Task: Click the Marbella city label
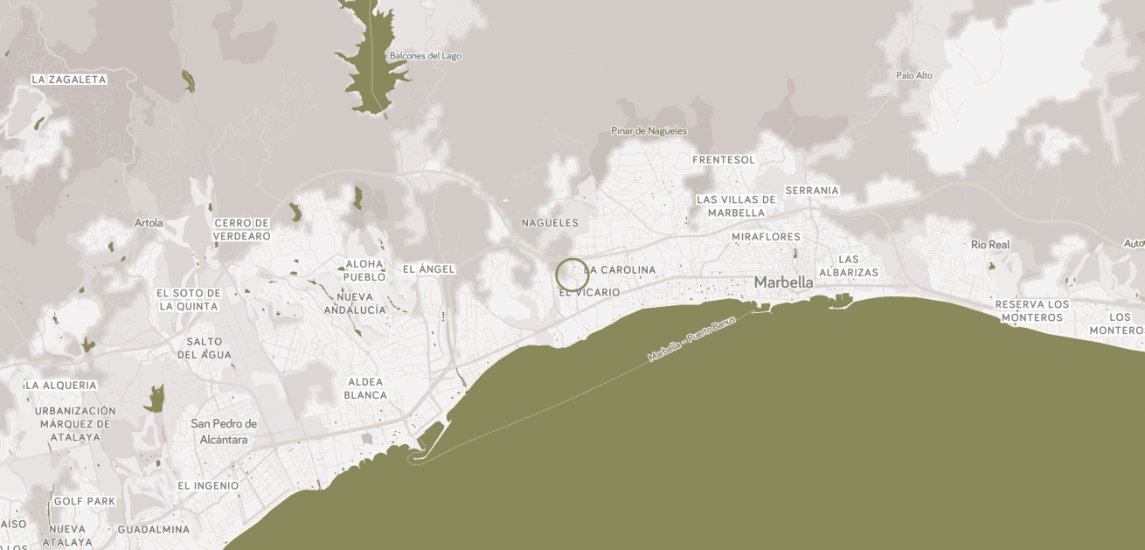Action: [x=783, y=282]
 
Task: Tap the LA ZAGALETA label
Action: [x=69, y=80]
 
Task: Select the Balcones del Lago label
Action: [x=425, y=56]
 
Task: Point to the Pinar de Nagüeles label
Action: [x=649, y=131]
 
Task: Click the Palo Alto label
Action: [x=914, y=75]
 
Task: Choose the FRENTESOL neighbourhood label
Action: [x=724, y=160]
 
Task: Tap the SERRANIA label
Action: [x=812, y=191]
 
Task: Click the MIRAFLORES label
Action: [x=766, y=237]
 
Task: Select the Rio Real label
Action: [x=990, y=245]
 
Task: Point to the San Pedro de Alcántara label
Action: [x=224, y=432]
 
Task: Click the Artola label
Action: [x=149, y=223]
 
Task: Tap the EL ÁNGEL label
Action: [x=428, y=269]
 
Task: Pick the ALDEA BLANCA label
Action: [x=365, y=388]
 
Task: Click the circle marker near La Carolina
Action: [x=572, y=275]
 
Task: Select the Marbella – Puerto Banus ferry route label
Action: [x=692, y=339]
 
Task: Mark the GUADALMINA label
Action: [x=153, y=529]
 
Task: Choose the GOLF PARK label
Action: [x=85, y=501]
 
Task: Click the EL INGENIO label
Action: [x=208, y=485]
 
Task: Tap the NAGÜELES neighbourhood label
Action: [x=550, y=223]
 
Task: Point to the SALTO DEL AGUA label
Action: [x=205, y=348]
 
